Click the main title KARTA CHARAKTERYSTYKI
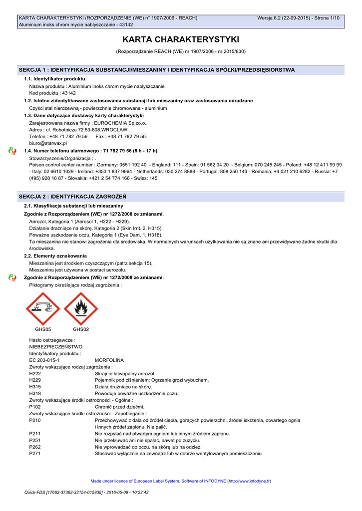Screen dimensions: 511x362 click(x=181, y=39)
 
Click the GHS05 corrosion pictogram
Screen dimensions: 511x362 click(x=43, y=308)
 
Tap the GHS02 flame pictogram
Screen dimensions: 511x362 click(x=81, y=308)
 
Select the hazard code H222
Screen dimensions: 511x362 click(x=35, y=373)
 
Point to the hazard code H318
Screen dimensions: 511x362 click(x=35, y=393)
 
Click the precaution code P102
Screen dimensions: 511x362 click(x=35, y=407)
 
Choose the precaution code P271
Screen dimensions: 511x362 click(x=35, y=454)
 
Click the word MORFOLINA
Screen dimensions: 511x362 click(x=109, y=360)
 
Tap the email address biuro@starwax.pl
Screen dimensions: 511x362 click(x=48, y=143)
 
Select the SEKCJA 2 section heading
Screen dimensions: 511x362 click(x=72, y=197)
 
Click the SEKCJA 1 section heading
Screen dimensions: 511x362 click(x=156, y=70)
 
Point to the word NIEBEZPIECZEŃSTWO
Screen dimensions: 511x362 click(x=56, y=346)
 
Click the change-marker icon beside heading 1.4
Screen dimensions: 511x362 click(x=12, y=150)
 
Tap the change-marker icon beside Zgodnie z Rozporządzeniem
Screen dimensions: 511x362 click(x=12, y=277)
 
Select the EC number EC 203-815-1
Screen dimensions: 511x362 click(x=44, y=360)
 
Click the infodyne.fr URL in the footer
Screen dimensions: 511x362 click(x=248, y=481)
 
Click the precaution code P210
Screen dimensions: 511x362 click(x=35, y=420)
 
